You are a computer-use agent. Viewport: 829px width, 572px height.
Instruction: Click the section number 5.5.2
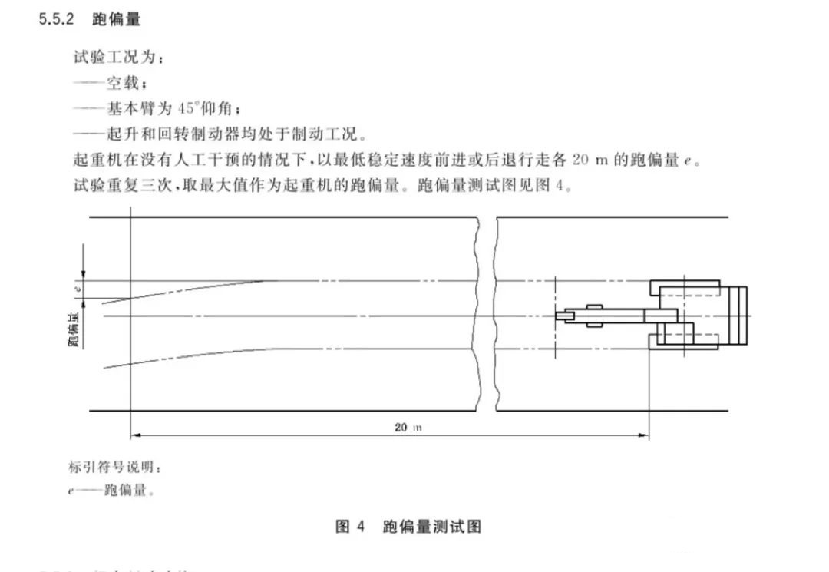click(57, 19)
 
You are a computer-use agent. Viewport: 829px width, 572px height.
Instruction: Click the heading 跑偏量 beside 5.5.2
click(117, 19)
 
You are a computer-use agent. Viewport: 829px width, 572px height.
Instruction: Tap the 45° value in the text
click(186, 108)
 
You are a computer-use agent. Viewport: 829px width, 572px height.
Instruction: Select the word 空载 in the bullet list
click(123, 83)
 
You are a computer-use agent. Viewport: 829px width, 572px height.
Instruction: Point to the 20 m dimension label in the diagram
click(408, 427)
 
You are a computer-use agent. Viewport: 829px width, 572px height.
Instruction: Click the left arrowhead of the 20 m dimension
click(135, 435)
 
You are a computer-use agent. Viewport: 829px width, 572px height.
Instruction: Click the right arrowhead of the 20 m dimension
click(644, 435)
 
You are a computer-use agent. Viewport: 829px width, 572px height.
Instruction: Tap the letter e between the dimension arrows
click(78, 289)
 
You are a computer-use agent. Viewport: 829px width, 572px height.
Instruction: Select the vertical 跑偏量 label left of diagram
click(74, 329)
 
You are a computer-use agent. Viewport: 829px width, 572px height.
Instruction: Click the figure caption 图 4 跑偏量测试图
click(408, 527)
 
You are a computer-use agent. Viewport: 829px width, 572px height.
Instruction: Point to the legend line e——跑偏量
click(111, 490)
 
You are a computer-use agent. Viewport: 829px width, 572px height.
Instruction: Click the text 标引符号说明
click(114, 467)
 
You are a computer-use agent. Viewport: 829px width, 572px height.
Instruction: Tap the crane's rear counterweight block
click(738, 316)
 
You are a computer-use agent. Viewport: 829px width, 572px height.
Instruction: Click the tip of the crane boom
click(557, 316)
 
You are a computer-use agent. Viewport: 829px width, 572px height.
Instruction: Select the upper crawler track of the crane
click(685, 288)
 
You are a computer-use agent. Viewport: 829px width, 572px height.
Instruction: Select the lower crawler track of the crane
click(684, 342)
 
